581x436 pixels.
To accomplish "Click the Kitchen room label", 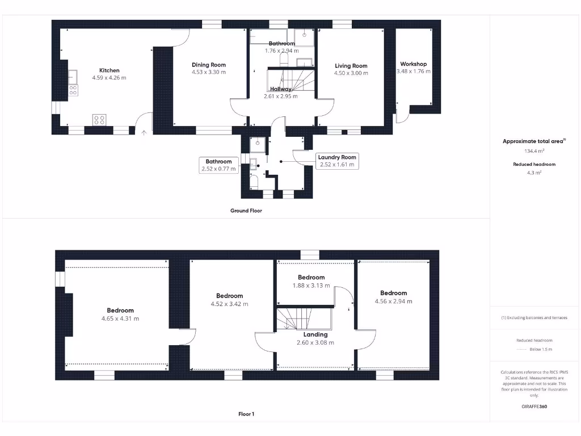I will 109,70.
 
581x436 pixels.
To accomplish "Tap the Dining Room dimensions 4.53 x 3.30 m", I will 208,72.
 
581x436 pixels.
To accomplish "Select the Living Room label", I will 351,66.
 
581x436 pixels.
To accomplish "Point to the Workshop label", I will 413,64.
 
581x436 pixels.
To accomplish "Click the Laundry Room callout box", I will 336,161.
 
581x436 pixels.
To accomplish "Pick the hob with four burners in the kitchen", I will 99,119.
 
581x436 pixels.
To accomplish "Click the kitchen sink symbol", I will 73,76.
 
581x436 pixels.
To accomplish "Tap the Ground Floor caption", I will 246,211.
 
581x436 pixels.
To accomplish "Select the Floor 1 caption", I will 246,414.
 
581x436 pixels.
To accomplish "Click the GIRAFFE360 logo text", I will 534,406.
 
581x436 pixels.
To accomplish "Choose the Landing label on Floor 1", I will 315,334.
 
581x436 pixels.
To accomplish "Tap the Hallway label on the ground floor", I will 281,89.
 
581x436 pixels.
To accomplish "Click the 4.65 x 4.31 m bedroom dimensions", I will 120,318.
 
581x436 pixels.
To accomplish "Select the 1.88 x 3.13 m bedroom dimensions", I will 311,286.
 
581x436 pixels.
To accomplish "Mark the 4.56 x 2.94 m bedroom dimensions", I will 393,301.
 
